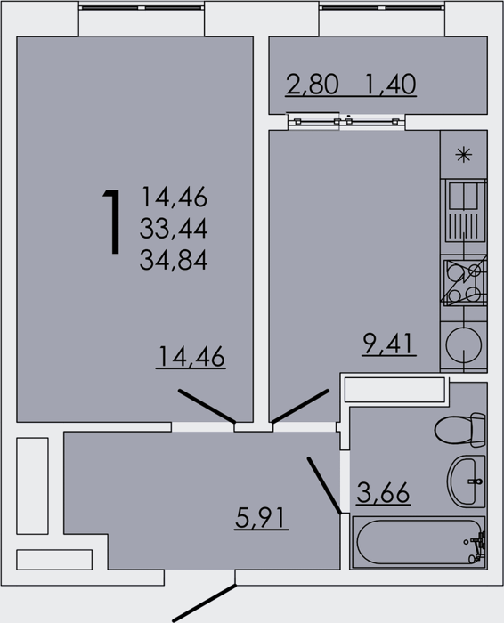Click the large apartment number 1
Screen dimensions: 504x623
[x=112, y=222]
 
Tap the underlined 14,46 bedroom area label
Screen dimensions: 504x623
[x=191, y=356]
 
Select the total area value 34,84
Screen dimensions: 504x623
[x=174, y=261]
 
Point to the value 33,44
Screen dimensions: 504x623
[x=174, y=229]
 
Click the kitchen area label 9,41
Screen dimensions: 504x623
[x=389, y=344]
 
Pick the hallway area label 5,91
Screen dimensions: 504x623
[x=260, y=518]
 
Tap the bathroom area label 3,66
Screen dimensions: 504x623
[x=383, y=493]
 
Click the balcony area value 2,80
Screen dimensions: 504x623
[x=312, y=84]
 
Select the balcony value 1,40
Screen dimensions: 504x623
[x=390, y=84]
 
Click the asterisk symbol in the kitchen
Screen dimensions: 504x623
[x=463, y=155]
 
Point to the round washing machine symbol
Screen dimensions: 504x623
[x=464, y=344]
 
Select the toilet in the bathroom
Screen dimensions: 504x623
[x=460, y=430]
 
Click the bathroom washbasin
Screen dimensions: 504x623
[x=467, y=481]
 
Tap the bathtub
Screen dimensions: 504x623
[x=419, y=542]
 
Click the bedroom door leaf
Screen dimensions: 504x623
[x=207, y=406]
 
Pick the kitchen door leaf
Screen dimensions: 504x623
[x=300, y=406]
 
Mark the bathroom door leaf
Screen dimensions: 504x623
[x=324, y=485]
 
